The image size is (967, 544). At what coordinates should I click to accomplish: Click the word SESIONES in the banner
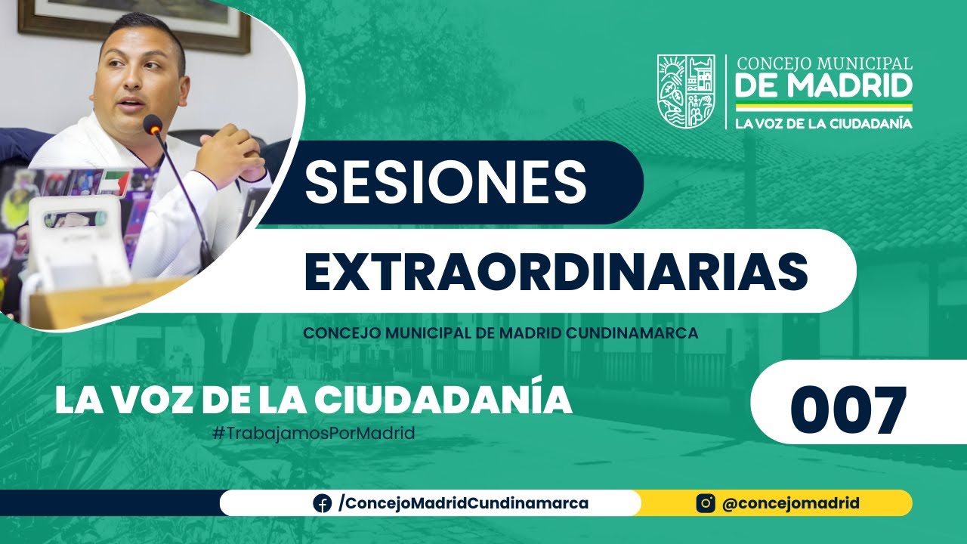(x=446, y=181)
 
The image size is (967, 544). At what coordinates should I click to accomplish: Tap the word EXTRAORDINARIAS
(x=555, y=270)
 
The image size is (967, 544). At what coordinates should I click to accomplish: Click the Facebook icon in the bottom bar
(x=323, y=503)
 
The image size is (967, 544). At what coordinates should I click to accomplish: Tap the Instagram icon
(x=706, y=503)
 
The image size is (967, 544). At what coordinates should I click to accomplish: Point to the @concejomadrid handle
(x=790, y=503)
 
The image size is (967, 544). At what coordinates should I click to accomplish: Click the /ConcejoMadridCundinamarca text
(x=463, y=503)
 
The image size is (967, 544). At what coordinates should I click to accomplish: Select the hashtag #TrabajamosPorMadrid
(x=314, y=434)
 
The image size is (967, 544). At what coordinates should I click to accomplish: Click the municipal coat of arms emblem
(x=685, y=91)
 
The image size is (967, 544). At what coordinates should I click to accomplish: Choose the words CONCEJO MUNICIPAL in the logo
(x=824, y=63)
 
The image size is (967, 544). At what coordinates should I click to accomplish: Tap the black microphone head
(x=153, y=125)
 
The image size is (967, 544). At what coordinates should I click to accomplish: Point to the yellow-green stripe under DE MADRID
(x=823, y=107)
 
